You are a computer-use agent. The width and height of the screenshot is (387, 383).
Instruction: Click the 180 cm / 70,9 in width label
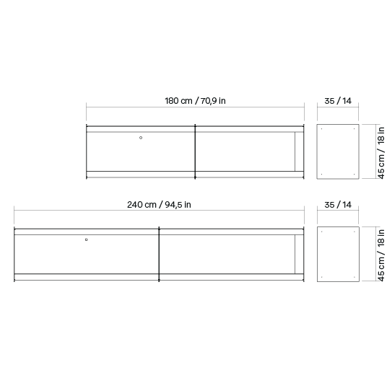click(x=195, y=101)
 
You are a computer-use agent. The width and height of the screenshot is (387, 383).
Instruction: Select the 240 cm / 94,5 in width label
click(x=159, y=205)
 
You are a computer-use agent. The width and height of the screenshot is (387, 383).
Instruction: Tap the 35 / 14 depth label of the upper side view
click(x=338, y=101)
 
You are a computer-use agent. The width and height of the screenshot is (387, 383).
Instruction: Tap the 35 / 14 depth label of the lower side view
click(x=338, y=205)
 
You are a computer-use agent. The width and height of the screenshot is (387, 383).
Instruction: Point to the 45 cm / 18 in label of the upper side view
click(x=381, y=153)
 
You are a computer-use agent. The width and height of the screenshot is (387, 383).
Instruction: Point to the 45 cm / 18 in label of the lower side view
click(x=381, y=255)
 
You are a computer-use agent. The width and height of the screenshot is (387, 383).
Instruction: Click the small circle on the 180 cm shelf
click(x=141, y=138)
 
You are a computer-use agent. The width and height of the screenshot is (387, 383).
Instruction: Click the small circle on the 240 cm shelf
click(x=86, y=239)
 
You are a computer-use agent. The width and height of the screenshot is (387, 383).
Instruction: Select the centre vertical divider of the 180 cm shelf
click(x=195, y=151)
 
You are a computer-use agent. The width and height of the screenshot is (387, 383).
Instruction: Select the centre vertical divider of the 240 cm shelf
click(x=159, y=254)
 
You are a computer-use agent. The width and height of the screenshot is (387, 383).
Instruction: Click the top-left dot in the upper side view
click(x=321, y=128)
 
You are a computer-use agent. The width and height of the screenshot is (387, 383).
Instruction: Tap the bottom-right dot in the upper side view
click(x=355, y=174)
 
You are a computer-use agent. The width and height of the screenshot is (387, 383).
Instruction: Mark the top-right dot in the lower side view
click(x=355, y=232)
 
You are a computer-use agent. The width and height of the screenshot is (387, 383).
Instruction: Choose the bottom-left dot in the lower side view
click(x=321, y=277)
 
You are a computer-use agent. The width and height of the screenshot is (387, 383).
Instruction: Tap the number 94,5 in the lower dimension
click(x=173, y=205)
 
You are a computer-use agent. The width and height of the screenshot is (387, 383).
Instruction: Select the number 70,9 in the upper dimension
click(x=209, y=101)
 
